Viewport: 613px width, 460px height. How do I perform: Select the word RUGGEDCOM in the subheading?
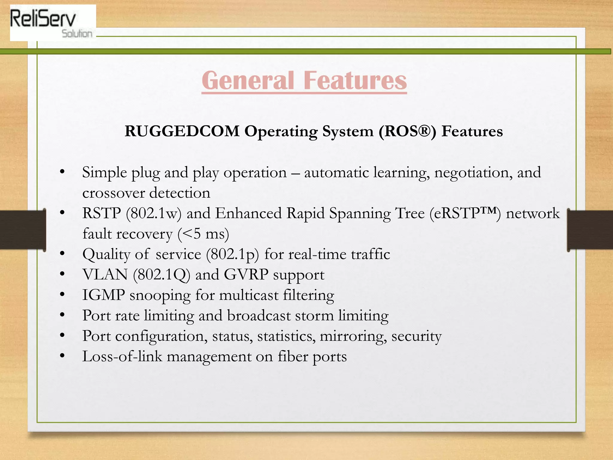click(x=182, y=131)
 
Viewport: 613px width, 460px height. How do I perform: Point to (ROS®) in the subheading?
click(x=407, y=131)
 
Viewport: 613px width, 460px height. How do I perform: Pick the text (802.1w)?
click(x=154, y=214)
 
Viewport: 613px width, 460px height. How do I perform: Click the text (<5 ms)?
click(x=203, y=234)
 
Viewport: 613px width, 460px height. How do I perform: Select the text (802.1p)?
click(x=232, y=255)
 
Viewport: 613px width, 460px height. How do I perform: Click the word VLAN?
click(x=105, y=275)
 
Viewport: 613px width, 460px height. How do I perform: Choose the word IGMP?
click(x=104, y=295)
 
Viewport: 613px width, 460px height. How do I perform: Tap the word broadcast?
click(x=259, y=316)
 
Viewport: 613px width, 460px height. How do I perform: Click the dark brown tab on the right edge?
click(x=590, y=230)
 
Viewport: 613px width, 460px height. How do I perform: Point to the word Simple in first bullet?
click(x=104, y=173)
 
